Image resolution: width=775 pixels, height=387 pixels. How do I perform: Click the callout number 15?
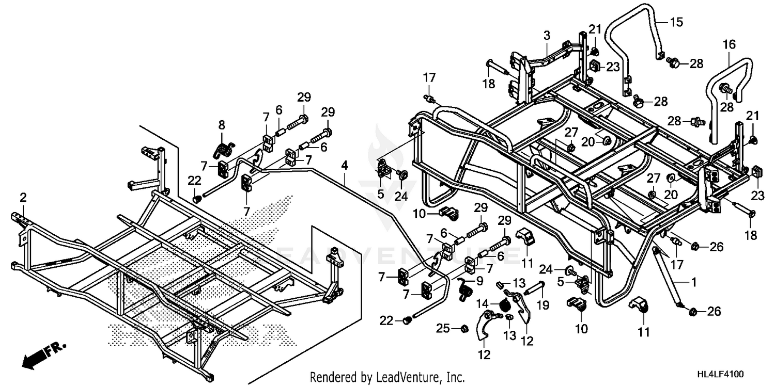pyautogui.click(x=677, y=23)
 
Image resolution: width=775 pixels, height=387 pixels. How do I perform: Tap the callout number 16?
pyautogui.click(x=729, y=45)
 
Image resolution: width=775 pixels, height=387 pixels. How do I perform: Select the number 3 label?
pyautogui.click(x=547, y=35)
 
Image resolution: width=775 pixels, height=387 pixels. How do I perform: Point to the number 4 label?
pyautogui.click(x=344, y=166)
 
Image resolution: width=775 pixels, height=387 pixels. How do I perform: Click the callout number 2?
pyautogui.click(x=23, y=198)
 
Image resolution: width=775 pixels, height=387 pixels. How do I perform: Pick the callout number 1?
pyautogui.click(x=693, y=283)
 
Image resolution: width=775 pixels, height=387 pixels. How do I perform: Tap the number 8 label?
pyautogui.click(x=222, y=125)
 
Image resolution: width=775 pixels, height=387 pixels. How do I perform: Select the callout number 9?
pyautogui.click(x=479, y=281)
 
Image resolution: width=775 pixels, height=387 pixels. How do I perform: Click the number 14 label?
pyautogui.click(x=482, y=304)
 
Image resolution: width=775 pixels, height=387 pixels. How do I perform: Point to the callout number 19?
pyautogui.click(x=543, y=305)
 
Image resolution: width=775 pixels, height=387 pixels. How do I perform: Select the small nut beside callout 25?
pyautogui.click(x=464, y=329)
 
